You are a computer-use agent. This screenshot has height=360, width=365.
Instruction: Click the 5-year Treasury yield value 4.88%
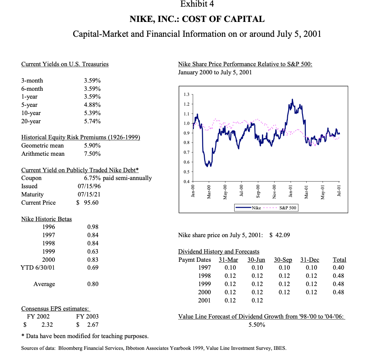point(92,105)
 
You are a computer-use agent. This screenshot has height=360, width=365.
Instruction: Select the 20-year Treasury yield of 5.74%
point(92,121)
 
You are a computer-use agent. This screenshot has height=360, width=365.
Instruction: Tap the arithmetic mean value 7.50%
point(92,154)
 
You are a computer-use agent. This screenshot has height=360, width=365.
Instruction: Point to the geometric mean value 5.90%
point(92,146)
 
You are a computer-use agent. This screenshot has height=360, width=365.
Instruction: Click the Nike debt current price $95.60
point(87,203)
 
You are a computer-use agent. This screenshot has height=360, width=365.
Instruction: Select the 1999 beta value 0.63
point(93,251)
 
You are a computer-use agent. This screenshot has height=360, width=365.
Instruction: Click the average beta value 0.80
point(93,284)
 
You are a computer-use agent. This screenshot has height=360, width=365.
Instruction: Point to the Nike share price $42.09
point(280,235)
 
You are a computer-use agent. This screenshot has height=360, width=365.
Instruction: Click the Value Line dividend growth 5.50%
point(257,325)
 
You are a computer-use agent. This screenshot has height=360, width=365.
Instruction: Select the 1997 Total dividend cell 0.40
point(339,268)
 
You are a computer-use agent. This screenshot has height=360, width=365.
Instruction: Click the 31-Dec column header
point(310,259)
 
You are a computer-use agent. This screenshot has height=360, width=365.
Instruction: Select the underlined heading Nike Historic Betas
point(47,219)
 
